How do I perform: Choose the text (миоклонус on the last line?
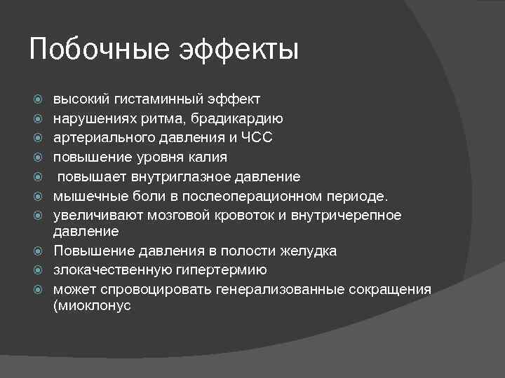tap(92, 307)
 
